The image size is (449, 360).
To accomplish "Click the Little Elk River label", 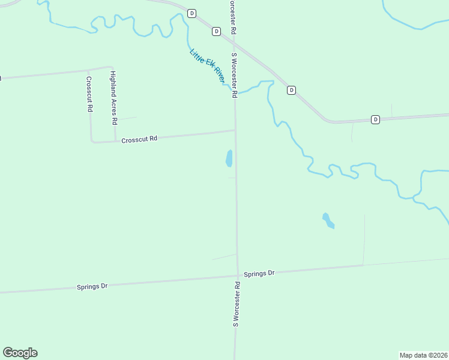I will click(x=207, y=65).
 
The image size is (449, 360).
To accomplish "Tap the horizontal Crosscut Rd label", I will click(x=139, y=139).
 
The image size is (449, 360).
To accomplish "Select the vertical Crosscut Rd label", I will click(x=89, y=94).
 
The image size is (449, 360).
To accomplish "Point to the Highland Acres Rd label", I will click(x=113, y=97).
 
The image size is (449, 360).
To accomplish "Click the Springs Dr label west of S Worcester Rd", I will click(x=92, y=287).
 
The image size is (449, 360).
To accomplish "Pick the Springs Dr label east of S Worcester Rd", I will click(x=259, y=274).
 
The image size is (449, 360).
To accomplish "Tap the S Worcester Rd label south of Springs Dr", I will click(x=237, y=304).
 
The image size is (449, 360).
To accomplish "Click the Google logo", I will click(x=20, y=353).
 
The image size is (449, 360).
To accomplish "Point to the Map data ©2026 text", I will click(x=423, y=355).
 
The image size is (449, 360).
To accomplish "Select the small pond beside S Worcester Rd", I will click(x=229, y=158).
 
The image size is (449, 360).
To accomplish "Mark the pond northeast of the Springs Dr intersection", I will click(x=328, y=221).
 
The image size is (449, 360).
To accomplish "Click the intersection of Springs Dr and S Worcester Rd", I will click(x=237, y=277).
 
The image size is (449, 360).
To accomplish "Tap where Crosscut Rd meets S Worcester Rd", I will click(x=235, y=130).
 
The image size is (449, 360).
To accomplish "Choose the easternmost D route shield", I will click(x=375, y=119).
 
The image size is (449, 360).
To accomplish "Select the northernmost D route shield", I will click(x=191, y=13).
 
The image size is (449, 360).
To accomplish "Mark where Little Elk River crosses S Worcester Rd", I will click(x=235, y=94).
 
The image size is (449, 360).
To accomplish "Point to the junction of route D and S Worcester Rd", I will click(x=234, y=38).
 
